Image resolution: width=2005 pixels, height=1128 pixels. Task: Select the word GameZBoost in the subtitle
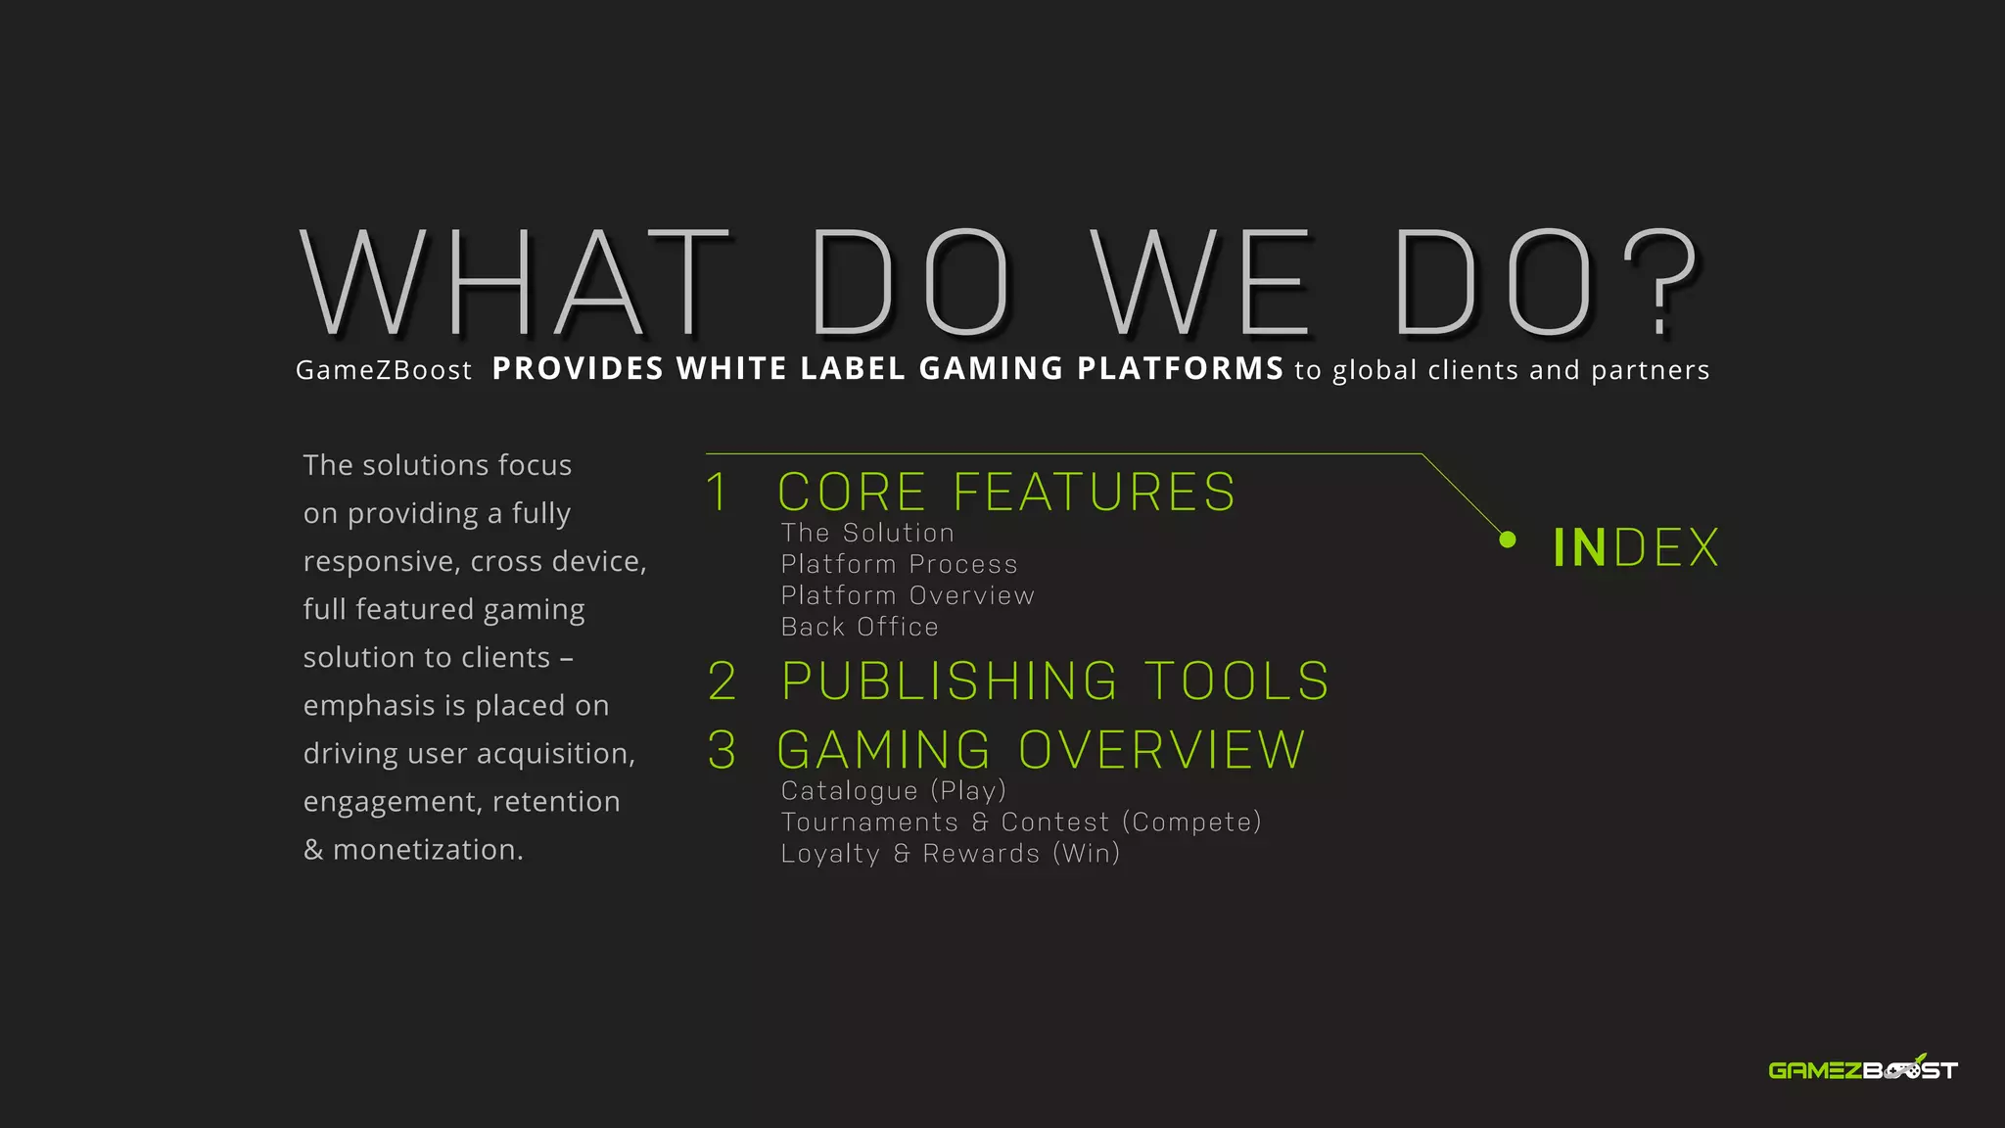(384, 370)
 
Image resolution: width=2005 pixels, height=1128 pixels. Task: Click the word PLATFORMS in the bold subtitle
(1180, 368)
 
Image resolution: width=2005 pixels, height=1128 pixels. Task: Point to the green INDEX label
(1636, 547)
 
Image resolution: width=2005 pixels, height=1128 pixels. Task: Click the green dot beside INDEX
(1508, 540)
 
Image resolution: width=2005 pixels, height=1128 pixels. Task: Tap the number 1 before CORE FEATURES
(718, 492)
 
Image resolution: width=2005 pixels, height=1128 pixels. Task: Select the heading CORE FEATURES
(1006, 492)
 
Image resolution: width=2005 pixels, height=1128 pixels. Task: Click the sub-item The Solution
(867, 533)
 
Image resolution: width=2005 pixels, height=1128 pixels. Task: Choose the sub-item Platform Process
(899, 564)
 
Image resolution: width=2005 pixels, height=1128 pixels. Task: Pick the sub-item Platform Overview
(908, 595)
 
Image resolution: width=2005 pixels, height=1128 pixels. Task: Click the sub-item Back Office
(860, 627)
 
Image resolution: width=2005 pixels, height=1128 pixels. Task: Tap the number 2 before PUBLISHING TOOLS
(723, 681)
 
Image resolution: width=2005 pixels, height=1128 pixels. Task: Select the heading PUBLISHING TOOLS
(1055, 681)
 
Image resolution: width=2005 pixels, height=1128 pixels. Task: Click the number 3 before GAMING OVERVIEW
(723, 750)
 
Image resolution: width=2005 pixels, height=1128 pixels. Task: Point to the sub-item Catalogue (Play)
(893, 790)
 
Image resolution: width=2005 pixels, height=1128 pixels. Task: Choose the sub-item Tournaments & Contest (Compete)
(1021, 822)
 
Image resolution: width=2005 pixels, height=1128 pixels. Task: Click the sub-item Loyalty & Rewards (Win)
(951, 853)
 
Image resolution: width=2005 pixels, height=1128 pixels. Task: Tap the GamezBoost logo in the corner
(1862, 1069)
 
